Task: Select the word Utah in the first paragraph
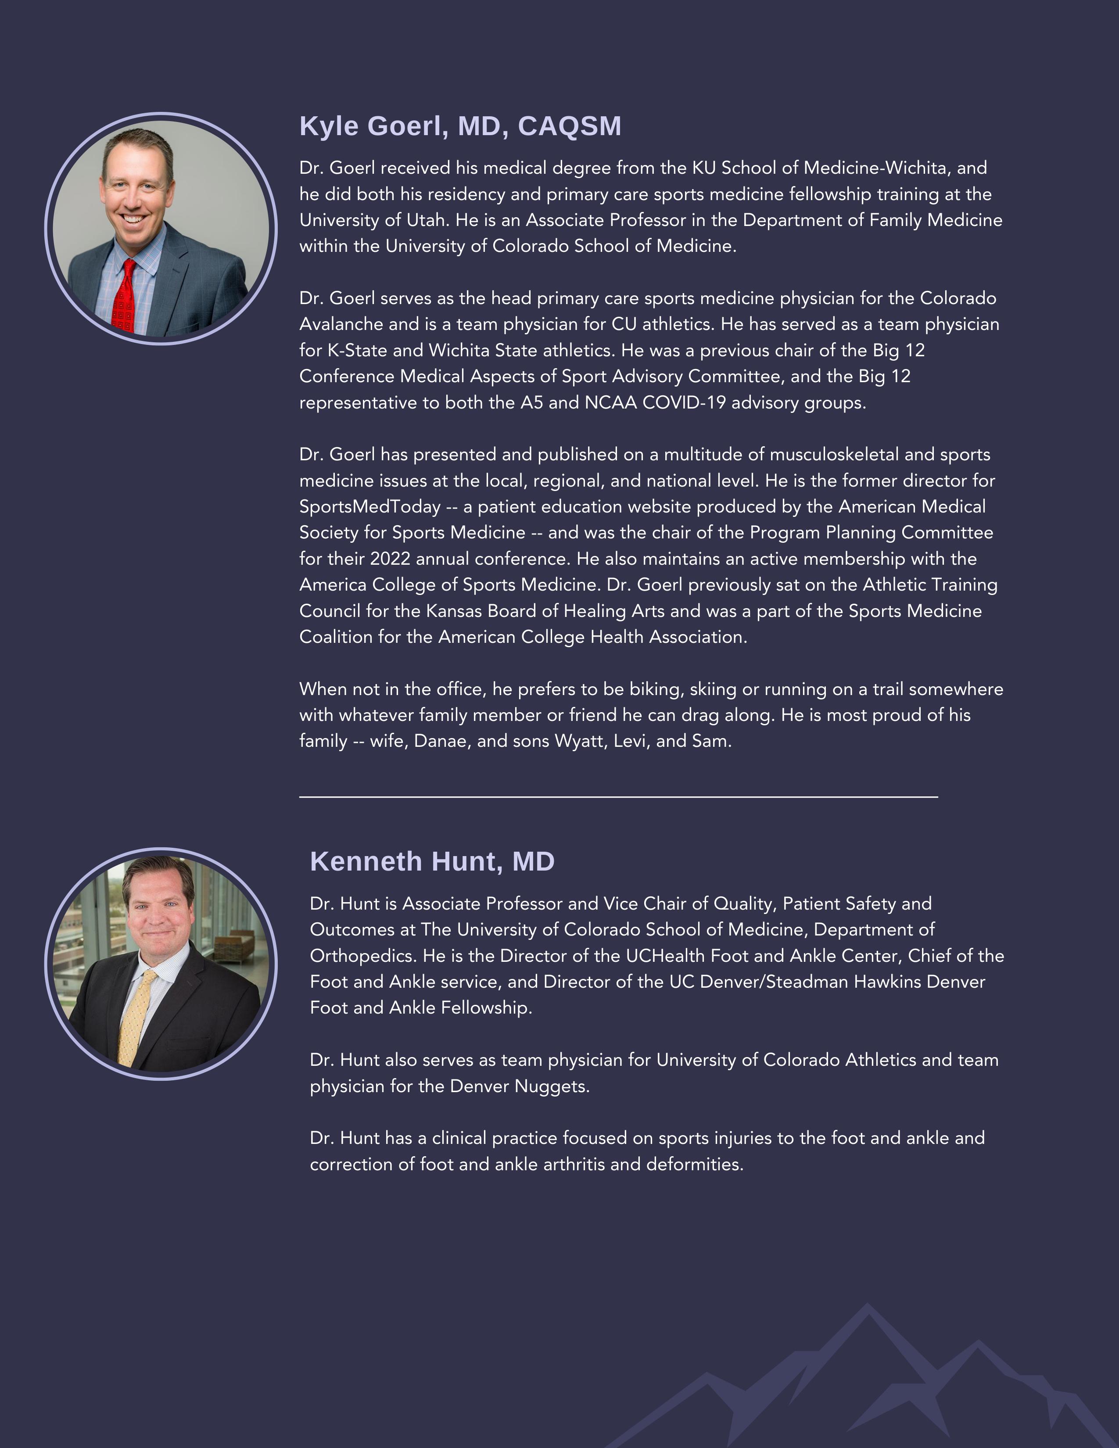420,220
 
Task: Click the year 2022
390,559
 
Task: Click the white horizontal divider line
618,796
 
